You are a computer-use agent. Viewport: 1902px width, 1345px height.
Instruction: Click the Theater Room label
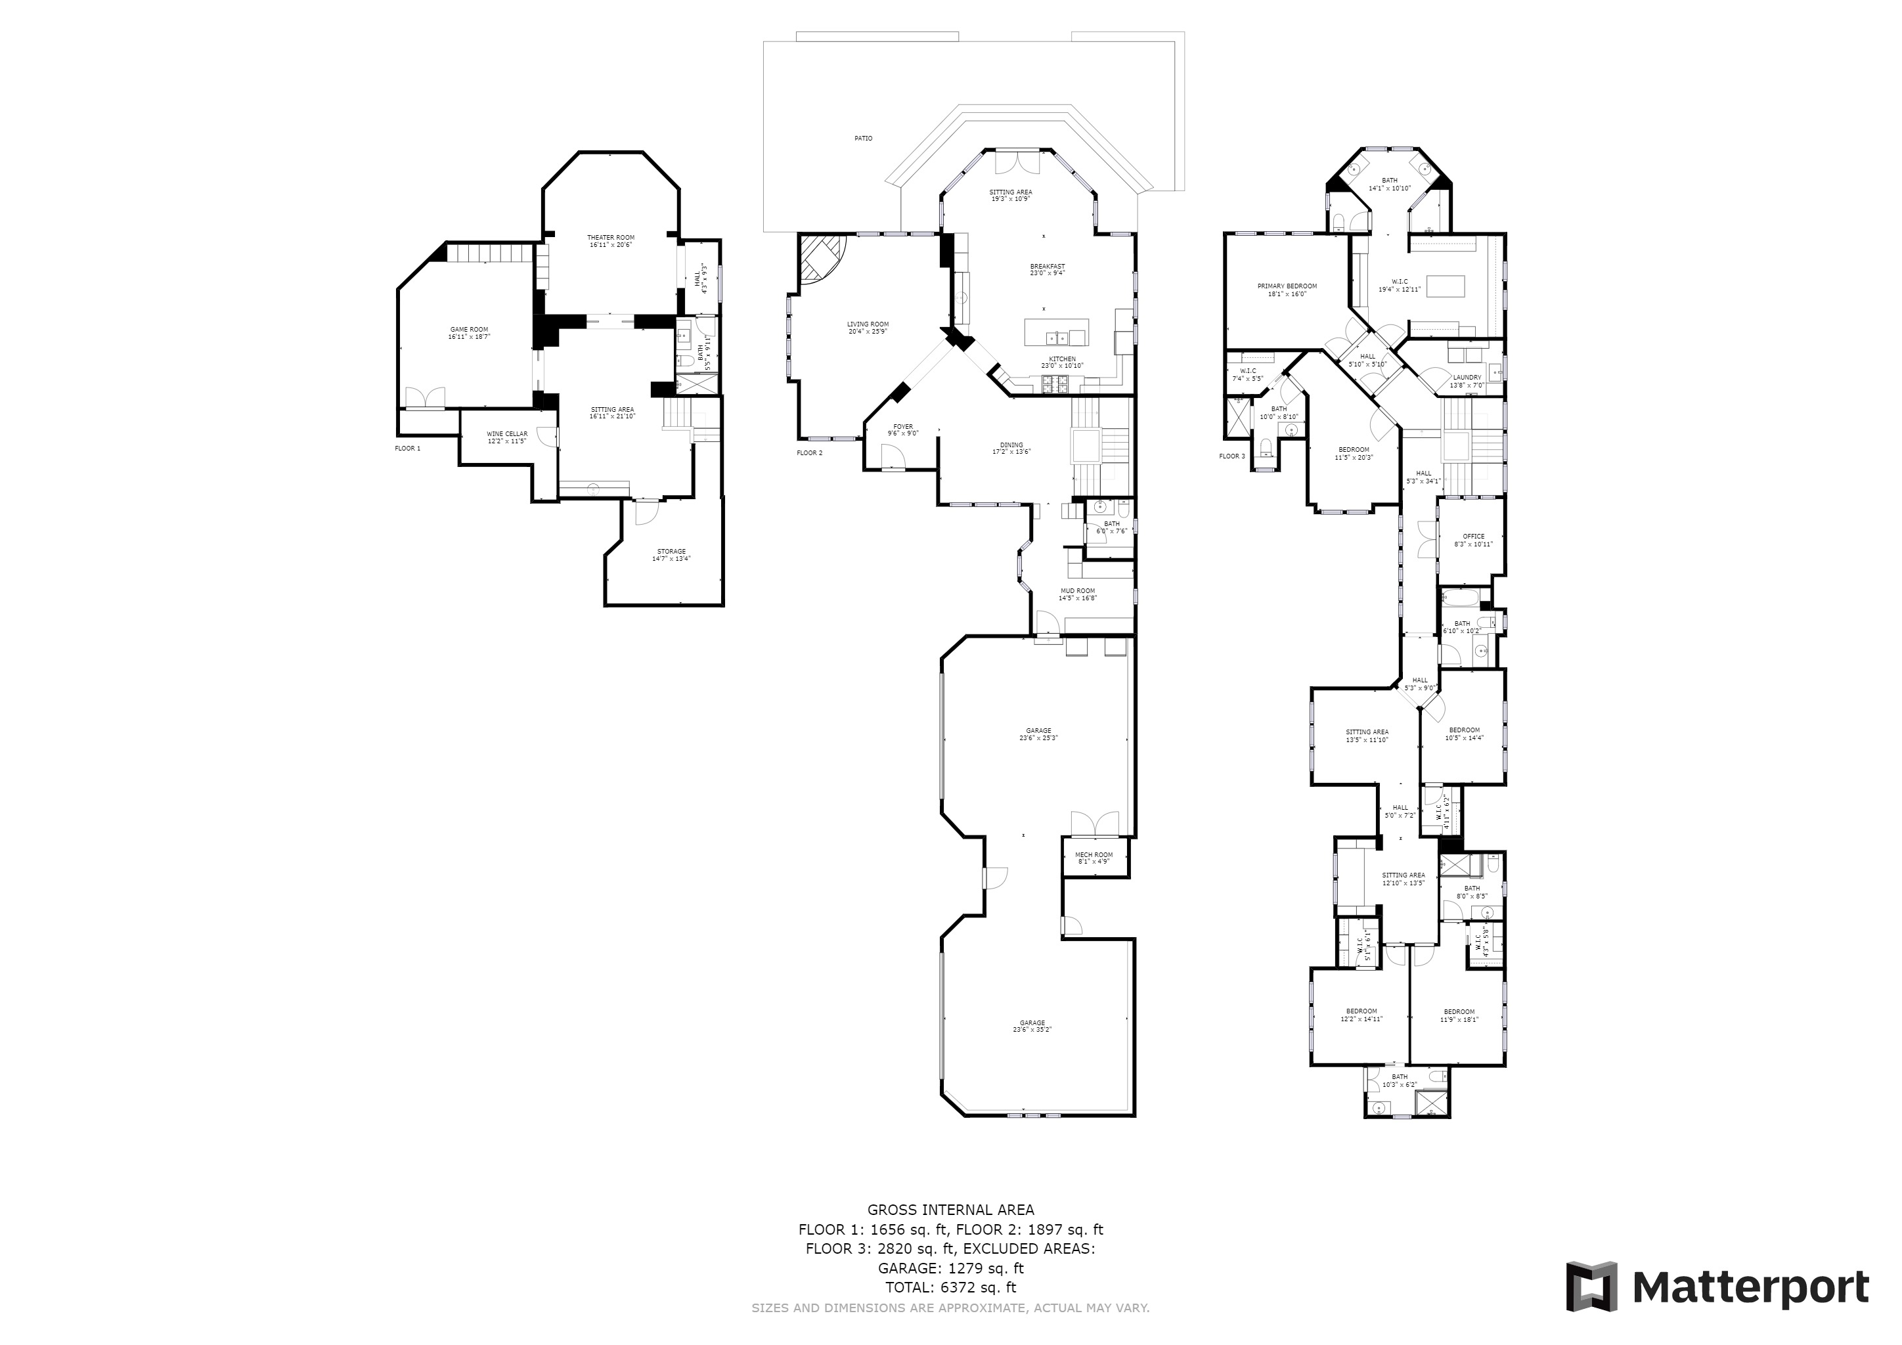coord(611,238)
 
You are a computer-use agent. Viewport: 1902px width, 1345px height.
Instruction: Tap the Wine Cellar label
coord(506,434)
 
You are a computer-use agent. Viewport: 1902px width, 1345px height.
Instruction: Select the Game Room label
coord(469,330)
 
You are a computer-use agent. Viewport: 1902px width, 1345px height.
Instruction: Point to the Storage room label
coord(671,552)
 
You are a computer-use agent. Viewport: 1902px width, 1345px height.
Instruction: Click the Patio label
coord(863,139)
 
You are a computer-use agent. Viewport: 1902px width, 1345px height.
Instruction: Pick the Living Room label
coord(868,324)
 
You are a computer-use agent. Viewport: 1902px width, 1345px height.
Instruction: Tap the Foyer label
coord(903,426)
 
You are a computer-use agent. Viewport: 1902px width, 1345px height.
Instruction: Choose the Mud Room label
coord(1078,591)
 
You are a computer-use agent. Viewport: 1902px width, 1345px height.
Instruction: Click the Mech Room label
coord(1094,854)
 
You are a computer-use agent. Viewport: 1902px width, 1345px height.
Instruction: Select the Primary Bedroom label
coord(1287,286)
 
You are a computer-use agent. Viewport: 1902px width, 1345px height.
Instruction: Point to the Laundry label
coord(1467,378)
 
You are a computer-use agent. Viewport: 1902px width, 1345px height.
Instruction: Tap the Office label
coord(1474,537)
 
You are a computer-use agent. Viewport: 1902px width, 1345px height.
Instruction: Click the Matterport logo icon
coord(1591,1286)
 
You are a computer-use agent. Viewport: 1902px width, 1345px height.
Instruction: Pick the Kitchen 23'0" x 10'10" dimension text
coord(1062,365)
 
